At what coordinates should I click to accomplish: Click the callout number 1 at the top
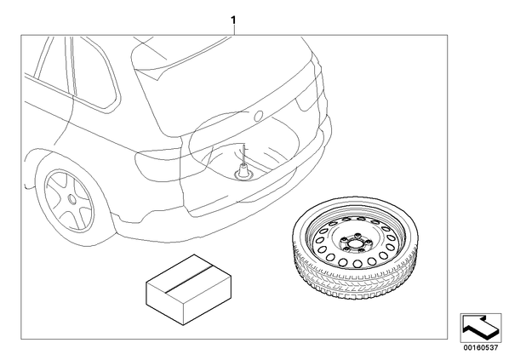point(233,20)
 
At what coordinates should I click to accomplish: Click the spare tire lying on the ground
point(356,248)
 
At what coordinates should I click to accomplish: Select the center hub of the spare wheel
point(352,243)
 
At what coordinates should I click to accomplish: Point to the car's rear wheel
point(70,201)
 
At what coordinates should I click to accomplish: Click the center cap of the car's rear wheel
point(72,198)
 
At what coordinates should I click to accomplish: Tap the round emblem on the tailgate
point(259,117)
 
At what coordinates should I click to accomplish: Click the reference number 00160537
point(480,348)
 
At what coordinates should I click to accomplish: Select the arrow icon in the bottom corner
point(480,327)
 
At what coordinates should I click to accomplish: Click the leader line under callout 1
point(233,30)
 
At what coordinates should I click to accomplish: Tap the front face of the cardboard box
point(165,299)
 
